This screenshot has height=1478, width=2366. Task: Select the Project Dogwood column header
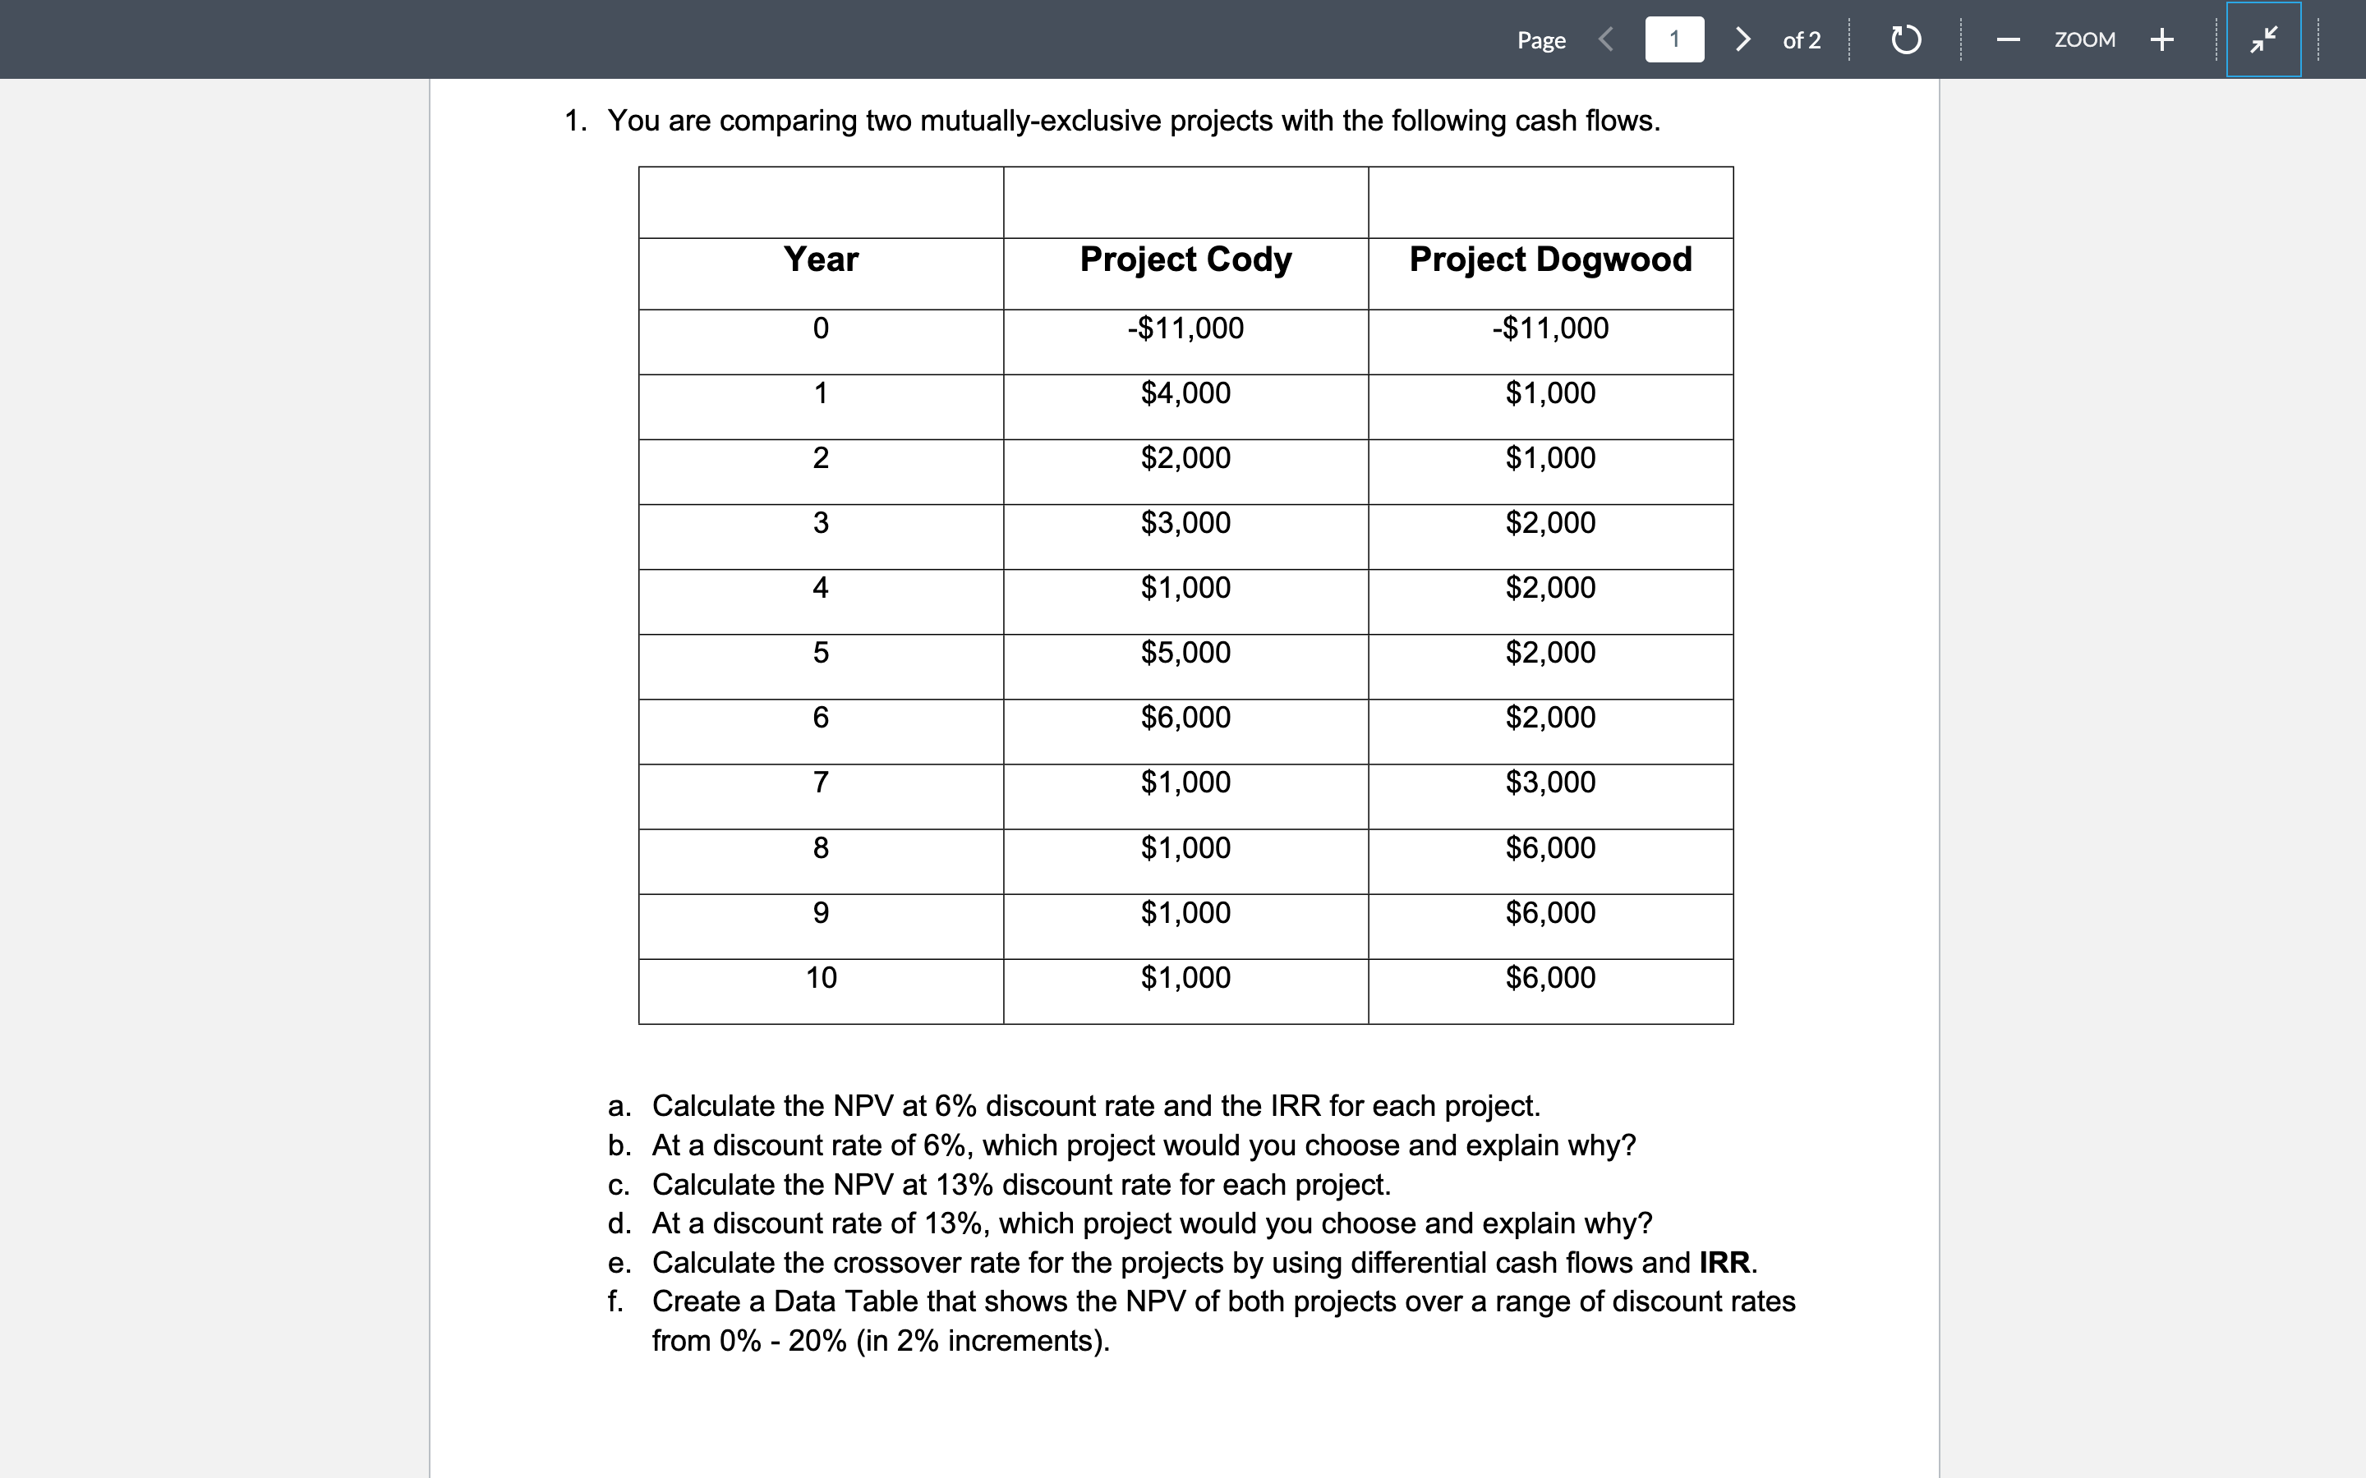1549,259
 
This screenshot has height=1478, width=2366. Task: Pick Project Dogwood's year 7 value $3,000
1549,782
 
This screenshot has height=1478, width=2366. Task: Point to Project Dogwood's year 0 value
1549,328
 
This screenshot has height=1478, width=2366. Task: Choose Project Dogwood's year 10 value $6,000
1549,977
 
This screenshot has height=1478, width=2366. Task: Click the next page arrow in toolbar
1742,39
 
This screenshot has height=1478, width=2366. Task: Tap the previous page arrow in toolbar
1605,39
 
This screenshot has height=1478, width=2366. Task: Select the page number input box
1673,39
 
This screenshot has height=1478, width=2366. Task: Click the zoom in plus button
2161,39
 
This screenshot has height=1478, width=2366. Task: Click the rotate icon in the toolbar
1905,40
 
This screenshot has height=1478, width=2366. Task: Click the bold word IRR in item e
1724,1262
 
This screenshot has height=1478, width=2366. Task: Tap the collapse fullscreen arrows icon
2262,39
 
